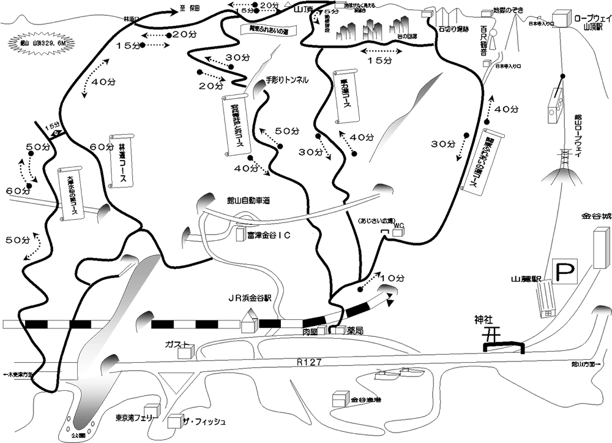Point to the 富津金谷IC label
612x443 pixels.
[x=272, y=234]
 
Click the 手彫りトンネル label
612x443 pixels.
[x=287, y=80]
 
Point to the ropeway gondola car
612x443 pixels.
[x=557, y=108]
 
